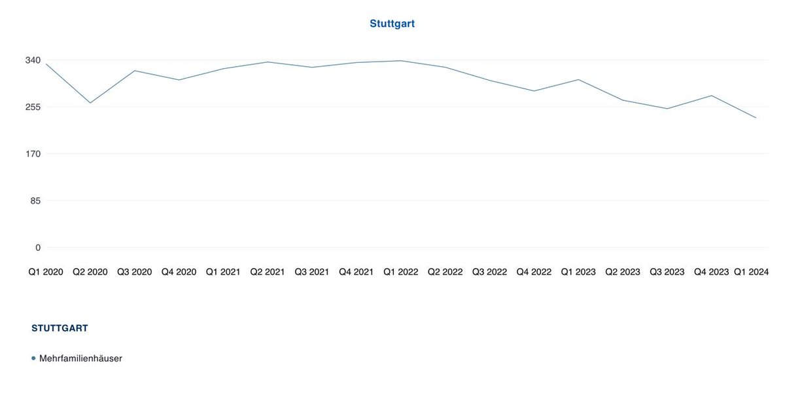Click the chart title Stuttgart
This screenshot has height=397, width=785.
coord(392,24)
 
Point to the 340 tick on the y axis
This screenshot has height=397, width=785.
coord(33,60)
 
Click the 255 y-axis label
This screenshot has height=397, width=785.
coord(33,107)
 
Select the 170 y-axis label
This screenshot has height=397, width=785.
coord(33,154)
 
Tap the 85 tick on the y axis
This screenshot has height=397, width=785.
coord(35,200)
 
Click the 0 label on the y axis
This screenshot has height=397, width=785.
coord(37,248)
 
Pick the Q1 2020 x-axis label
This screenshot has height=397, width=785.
coord(45,271)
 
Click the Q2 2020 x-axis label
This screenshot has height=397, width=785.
coord(90,271)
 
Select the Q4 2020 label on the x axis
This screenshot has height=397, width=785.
coord(179,271)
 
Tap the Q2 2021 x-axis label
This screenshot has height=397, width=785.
coord(268,271)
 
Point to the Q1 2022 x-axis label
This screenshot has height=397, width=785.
coord(400,271)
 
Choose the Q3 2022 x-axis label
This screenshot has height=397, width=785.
coord(489,271)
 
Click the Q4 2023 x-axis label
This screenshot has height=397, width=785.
coord(711,271)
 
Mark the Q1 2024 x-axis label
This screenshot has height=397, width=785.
coord(751,271)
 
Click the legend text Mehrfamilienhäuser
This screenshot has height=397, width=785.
coord(80,358)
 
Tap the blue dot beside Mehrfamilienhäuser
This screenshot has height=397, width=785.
coord(33,358)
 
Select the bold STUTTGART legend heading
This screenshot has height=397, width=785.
coord(60,328)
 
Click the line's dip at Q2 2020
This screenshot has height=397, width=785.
coord(90,103)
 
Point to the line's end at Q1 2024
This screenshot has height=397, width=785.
coord(756,118)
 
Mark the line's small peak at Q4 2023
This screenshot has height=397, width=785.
coord(711,96)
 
